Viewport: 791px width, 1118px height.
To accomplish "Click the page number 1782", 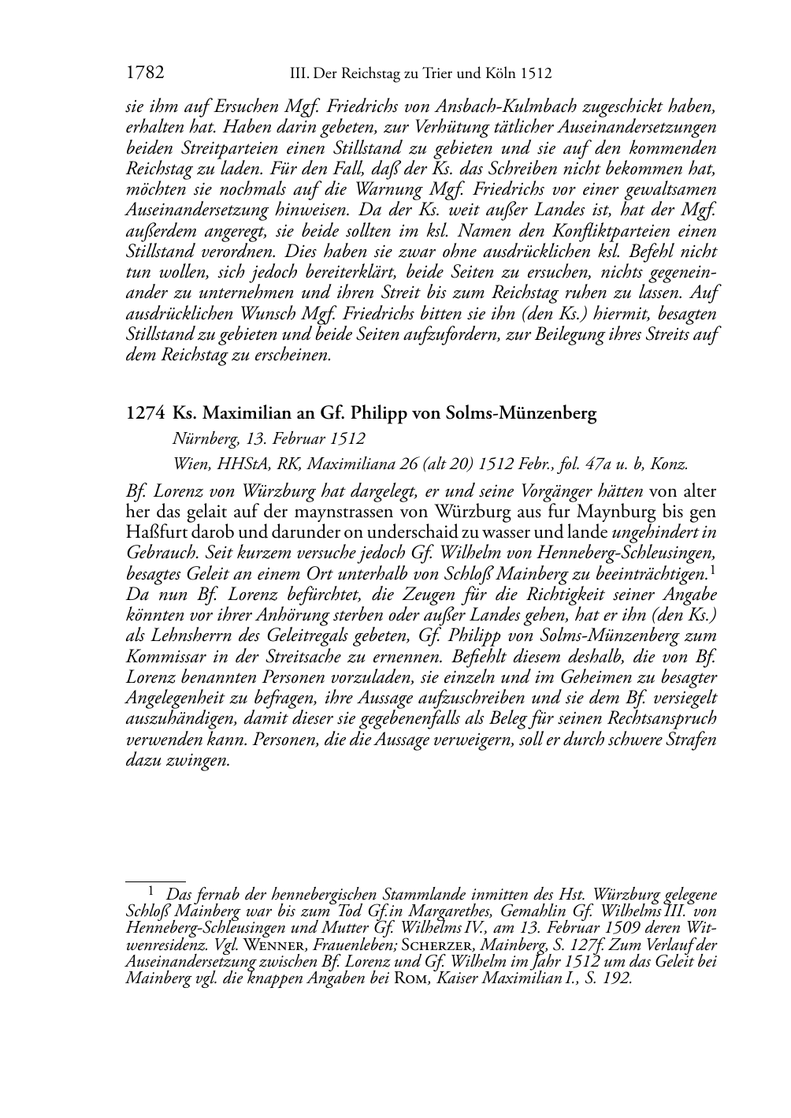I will [145, 73].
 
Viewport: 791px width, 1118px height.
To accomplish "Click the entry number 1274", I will [145, 413].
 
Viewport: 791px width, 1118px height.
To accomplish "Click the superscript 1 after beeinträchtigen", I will [712, 569].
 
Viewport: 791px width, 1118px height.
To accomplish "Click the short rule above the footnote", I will [155, 882].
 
